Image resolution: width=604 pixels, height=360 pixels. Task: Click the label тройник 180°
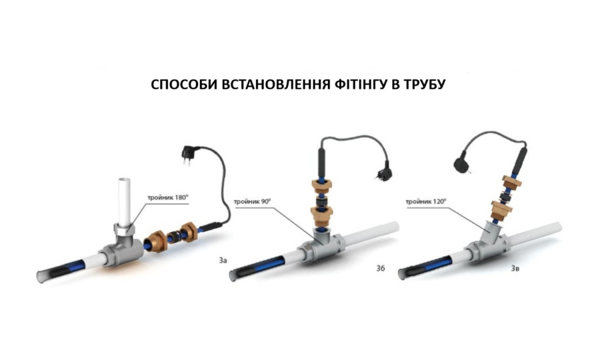tap(168, 198)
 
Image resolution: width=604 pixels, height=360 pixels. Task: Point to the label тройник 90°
tap(252, 202)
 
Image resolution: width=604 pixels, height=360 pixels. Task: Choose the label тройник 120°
tap(426, 202)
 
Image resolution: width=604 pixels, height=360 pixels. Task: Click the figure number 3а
tap(222, 260)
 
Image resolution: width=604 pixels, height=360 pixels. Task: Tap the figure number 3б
tap(380, 269)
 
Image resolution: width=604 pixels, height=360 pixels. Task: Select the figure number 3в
tap(515, 269)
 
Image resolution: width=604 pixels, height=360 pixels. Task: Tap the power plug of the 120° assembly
tap(462, 165)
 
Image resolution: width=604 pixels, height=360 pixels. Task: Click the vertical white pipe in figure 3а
tap(124, 202)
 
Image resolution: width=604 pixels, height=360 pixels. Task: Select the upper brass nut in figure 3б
tap(321, 185)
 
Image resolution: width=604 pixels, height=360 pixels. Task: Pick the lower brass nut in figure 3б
tap(321, 215)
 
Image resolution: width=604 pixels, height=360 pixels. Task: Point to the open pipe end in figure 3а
tap(40, 276)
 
